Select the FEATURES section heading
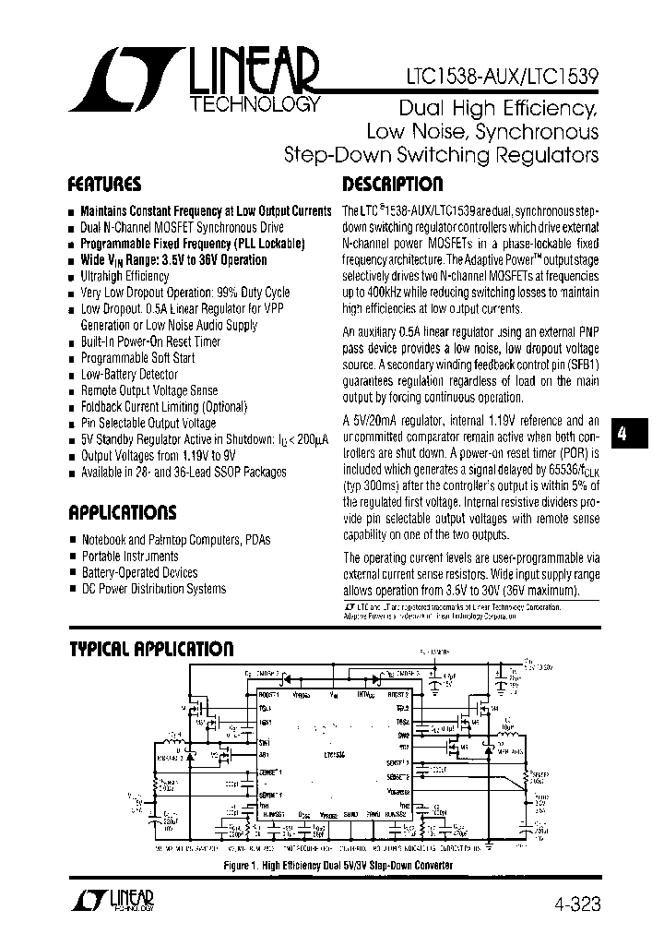coord(105,183)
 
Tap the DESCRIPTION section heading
coord(393,183)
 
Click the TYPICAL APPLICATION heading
coord(152,649)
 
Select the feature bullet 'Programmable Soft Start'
coord(137,358)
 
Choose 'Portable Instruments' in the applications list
coord(130,557)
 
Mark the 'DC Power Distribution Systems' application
coord(153,589)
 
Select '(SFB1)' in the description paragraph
coord(579,365)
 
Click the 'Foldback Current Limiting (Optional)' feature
coord(164,406)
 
